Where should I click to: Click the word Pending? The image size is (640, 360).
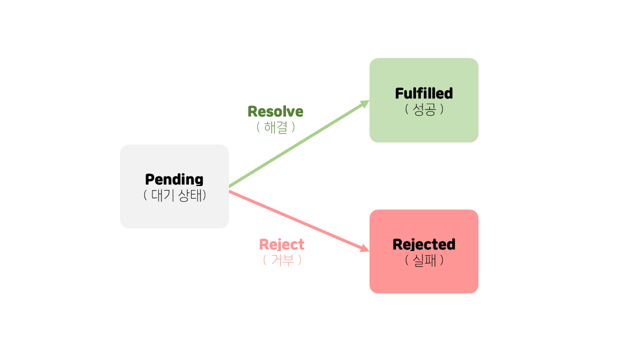click(174, 179)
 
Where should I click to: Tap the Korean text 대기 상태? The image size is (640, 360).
click(174, 195)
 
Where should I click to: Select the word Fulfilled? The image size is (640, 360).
click(423, 93)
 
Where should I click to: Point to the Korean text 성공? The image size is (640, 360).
click(424, 109)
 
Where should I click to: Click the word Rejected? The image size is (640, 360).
click(423, 244)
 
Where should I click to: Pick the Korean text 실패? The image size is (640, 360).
click(424, 260)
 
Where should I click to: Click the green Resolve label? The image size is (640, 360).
click(275, 111)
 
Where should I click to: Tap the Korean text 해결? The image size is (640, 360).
click(275, 127)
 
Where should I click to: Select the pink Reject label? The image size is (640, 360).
click(281, 244)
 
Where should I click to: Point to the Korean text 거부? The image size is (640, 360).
click(282, 260)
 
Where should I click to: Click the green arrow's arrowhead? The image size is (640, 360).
click(365, 103)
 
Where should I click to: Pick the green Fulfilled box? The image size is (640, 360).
click(423, 127)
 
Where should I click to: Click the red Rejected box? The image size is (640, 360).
click(423, 277)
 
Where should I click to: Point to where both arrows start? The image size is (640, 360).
click(229, 188)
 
